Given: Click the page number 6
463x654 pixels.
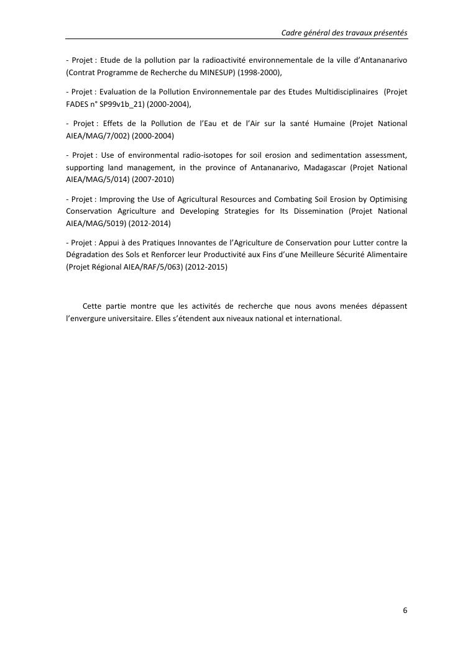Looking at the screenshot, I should point(405,610).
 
